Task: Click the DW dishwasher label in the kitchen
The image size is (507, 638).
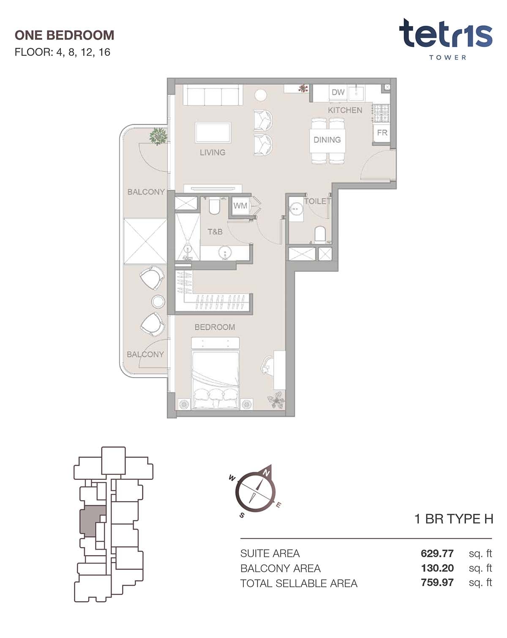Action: [x=338, y=92]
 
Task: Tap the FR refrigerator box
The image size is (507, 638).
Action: [x=382, y=132]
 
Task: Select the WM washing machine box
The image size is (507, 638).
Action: [x=240, y=205]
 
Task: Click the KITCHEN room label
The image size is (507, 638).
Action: [x=345, y=110]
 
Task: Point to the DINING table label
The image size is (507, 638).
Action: [x=327, y=140]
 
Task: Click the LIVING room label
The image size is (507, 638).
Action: [x=213, y=152]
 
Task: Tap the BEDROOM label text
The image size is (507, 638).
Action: [x=215, y=327]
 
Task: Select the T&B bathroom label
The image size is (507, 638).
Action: [x=215, y=232]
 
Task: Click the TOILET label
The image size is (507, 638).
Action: [x=317, y=201]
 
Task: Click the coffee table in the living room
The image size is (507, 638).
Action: [x=213, y=132]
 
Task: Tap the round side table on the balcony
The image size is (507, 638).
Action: [x=158, y=302]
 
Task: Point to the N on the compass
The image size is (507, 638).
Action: [x=267, y=474]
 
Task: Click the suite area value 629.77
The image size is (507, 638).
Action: [x=437, y=553]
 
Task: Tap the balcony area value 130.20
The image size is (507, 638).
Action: [x=437, y=568]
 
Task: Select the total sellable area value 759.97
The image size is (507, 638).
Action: [x=437, y=582]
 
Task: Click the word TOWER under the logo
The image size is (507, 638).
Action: [x=447, y=58]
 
